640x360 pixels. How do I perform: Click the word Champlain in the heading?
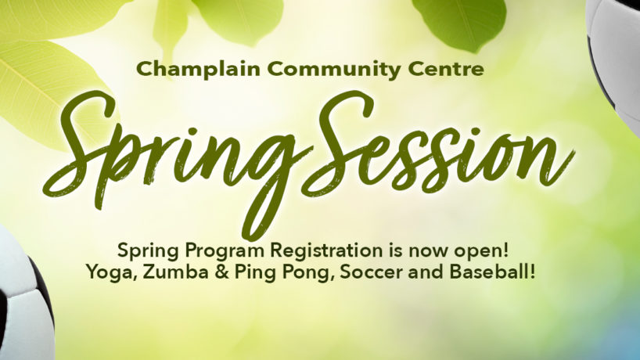point(199,69)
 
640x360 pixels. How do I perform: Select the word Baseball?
point(492,272)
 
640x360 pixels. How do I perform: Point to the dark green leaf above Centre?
point(459,23)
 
